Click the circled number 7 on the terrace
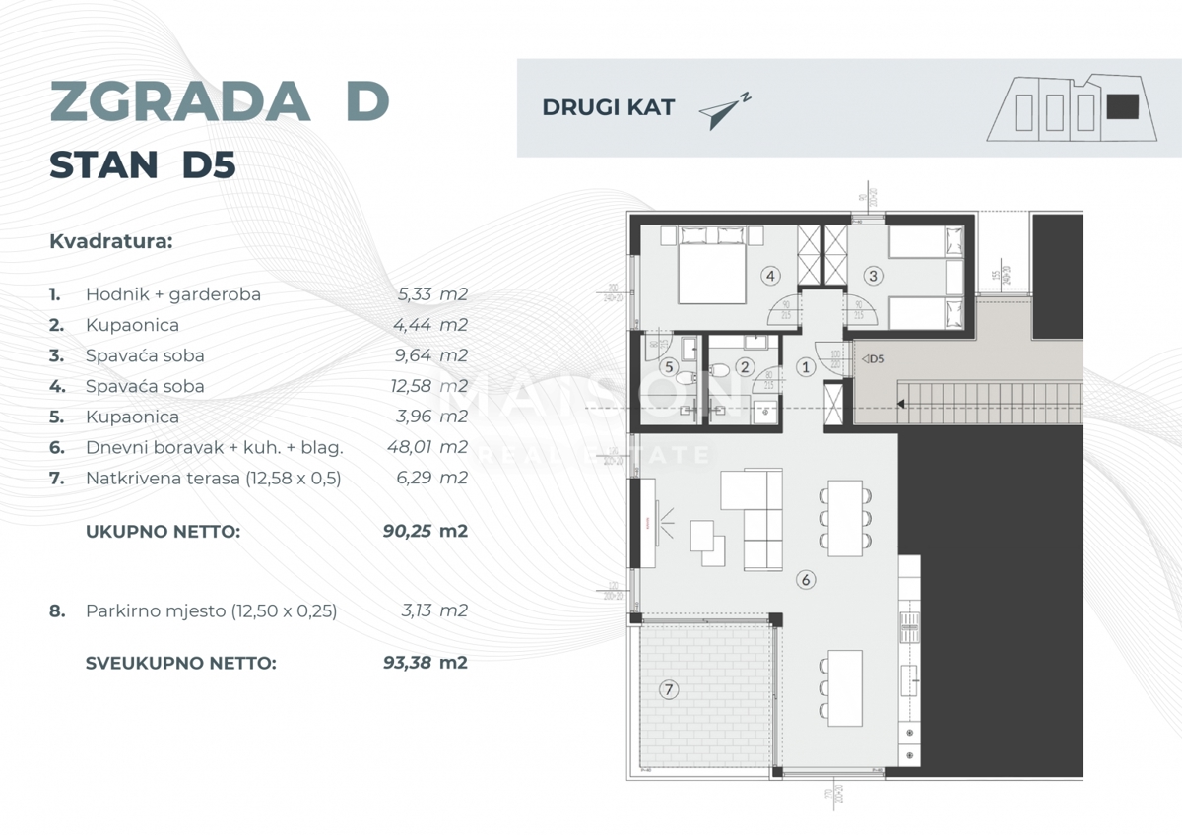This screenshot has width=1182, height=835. (669, 690)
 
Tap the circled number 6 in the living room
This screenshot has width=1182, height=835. (806, 580)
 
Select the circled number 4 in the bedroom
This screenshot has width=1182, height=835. (770, 276)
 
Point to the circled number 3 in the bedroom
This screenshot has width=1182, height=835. (873, 276)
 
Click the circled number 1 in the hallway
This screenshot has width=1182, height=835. (805, 367)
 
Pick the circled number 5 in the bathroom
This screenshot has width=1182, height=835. (671, 367)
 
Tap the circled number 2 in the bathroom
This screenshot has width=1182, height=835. (745, 367)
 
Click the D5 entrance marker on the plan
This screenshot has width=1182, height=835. (872, 358)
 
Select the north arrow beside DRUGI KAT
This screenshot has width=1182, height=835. (724, 111)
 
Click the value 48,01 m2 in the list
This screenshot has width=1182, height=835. (427, 447)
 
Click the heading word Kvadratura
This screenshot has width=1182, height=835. (110, 241)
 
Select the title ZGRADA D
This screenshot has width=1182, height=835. (219, 100)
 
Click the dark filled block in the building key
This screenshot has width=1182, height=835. (1122, 106)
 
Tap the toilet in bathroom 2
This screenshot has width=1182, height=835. (720, 370)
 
